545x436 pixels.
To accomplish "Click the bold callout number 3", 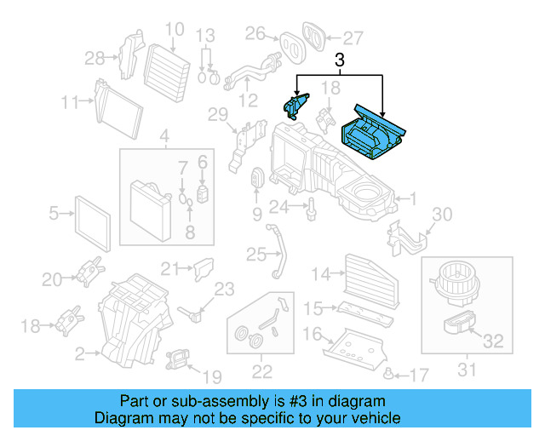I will pos(340,60).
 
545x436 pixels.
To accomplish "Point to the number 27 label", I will pos(353,37).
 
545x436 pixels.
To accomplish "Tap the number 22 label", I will pos(261,370).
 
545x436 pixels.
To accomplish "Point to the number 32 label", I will pos(493,342).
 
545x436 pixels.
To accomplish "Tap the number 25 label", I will pos(256,253).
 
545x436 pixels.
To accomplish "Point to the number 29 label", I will pos(218,115).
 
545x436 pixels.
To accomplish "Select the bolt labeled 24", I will pos(312,205).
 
